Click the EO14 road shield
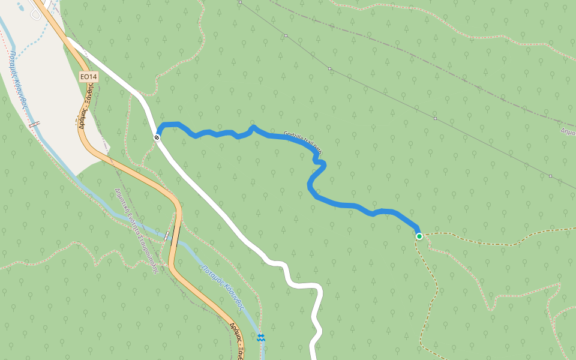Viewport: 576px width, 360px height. click(88, 77)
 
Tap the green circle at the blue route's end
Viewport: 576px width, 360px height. click(419, 236)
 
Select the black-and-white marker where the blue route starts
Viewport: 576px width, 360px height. click(157, 137)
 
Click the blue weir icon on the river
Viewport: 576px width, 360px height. click(260, 338)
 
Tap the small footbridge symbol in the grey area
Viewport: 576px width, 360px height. click(35, 125)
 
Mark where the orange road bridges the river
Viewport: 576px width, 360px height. click(169, 236)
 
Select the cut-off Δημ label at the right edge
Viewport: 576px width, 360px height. click(568, 131)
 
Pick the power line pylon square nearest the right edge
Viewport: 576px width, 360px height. click(550, 176)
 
